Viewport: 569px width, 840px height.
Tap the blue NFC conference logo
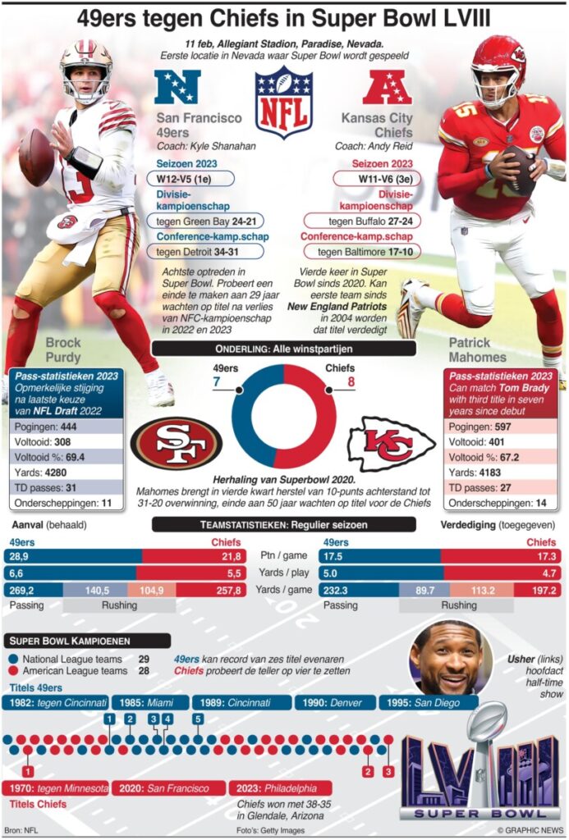point(178,88)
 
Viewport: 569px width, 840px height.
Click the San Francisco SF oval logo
point(176,443)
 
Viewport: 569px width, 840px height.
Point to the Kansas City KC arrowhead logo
point(391,444)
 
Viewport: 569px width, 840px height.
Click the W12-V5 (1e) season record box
point(190,178)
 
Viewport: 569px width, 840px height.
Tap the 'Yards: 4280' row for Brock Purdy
point(65,472)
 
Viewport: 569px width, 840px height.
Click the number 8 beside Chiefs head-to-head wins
point(351,381)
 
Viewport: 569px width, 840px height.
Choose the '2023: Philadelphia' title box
point(280,788)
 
